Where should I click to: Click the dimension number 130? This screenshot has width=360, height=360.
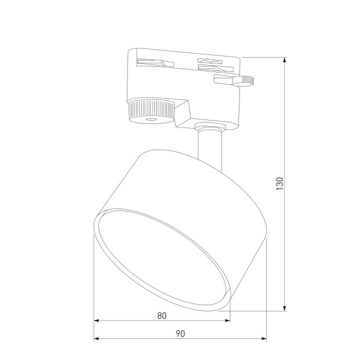279,183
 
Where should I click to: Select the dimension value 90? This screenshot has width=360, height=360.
181,333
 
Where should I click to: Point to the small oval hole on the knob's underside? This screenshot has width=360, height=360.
151,119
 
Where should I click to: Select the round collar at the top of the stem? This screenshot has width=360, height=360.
207,126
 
